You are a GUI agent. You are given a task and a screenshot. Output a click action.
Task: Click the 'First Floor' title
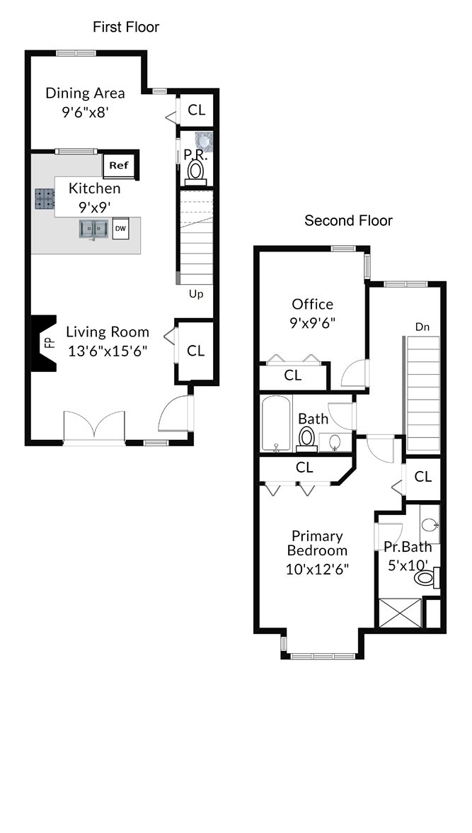click(x=126, y=27)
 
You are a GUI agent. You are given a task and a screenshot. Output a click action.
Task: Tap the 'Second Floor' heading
click(x=348, y=220)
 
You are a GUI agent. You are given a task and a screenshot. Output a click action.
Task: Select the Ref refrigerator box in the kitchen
click(x=120, y=165)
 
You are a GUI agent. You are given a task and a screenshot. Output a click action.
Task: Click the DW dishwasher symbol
click(x=120, y=228)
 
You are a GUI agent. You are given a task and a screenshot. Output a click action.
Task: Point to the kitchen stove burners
click(x=45, y=199)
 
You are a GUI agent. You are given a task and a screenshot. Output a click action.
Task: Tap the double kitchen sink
click(x=94, y=229)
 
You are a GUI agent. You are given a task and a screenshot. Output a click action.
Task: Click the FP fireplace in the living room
click(x=44, y=343)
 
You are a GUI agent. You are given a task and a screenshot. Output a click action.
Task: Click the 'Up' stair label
click(x=196, y=294)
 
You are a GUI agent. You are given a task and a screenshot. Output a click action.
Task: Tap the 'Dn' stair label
click(x=422, y=327)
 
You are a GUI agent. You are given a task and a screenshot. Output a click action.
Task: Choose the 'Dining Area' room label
click(x=85, y=93)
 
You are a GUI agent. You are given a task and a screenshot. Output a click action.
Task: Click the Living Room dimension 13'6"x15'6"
click(x=108, y=351)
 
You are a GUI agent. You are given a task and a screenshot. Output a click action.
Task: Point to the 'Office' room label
click(x=313, y=305)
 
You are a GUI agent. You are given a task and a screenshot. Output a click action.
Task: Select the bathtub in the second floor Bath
click(x=276, y=424)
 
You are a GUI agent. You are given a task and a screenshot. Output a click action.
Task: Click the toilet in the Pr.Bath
click(x=426, y=577)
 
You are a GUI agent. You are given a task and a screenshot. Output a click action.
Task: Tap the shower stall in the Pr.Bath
click(x=401, y=613)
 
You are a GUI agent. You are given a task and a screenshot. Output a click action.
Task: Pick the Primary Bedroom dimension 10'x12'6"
click(x=317, y=569)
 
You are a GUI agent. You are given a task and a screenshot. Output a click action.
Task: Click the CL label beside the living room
click(x=195, y=351)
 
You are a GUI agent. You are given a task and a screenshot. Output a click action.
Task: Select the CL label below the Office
click(x=292, y=375)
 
